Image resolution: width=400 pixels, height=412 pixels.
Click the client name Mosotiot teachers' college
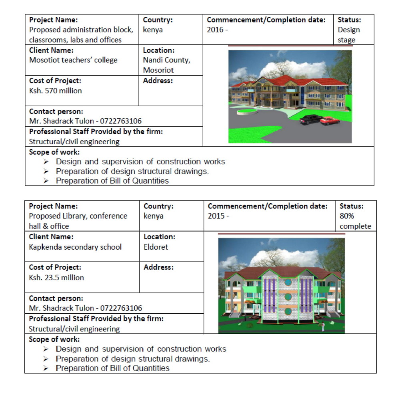(73, 60)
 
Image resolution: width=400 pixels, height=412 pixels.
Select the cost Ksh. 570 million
(55, 91)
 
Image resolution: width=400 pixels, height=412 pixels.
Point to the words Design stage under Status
(348, 35)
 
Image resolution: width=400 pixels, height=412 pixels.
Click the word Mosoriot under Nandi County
(158, 70)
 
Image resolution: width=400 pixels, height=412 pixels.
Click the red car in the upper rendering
(330, 120)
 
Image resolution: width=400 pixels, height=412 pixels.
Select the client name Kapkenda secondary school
(75, 247)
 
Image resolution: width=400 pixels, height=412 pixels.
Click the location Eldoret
(156, 247)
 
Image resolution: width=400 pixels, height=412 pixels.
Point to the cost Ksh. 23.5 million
(56, 277)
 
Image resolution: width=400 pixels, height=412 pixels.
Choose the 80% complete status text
(355, 221)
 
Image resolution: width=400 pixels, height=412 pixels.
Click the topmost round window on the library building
(288, 282)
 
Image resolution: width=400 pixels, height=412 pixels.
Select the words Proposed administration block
(81, 30)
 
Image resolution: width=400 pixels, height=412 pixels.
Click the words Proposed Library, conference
(78, 216)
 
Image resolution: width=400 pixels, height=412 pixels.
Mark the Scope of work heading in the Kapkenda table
(54, 339)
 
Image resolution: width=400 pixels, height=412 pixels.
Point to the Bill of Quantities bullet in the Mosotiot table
(112, 181)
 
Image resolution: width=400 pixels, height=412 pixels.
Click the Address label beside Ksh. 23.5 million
(158, 267)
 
